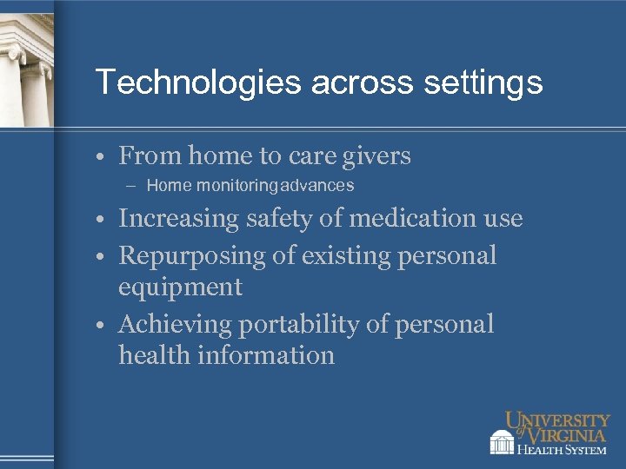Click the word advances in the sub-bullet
point(317,185)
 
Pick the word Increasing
point(177,219)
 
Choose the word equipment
point(180,287)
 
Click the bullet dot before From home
point(103,158)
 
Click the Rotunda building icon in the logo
point(502,441)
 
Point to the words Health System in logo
point(562,449)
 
